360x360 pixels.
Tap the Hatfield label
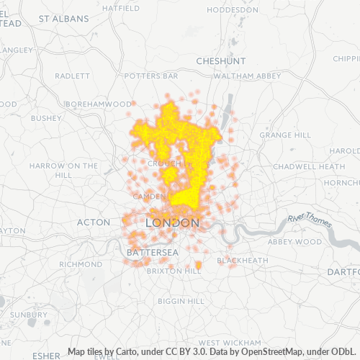point(121,9)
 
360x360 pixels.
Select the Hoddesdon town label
point(233,10)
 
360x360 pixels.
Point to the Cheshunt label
point(221,61)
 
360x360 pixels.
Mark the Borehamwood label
point(98,104)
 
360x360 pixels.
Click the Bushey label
point(47,117)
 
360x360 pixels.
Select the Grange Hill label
point(285,135)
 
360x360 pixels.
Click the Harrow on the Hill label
point(63,170)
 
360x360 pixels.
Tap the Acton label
point(93,222)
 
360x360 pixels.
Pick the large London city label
point(172,223)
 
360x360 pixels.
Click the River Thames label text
point(310,220)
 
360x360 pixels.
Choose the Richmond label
point(81,264)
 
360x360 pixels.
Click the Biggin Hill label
point(181,300)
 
